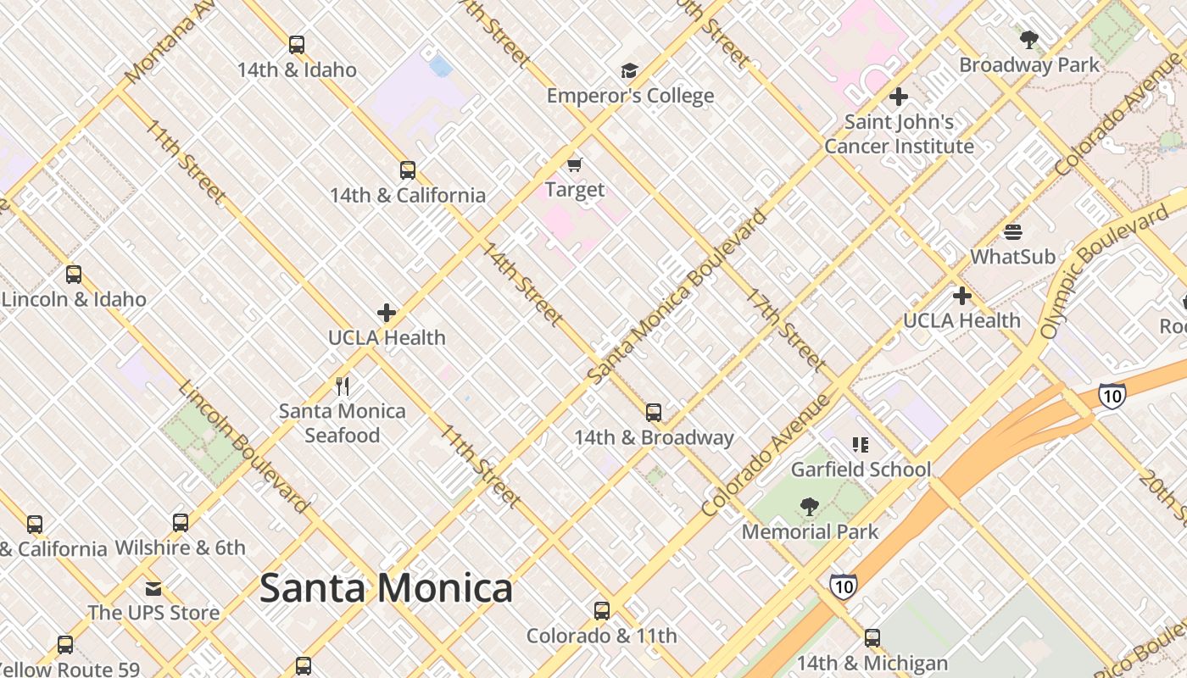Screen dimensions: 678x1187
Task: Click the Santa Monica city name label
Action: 386,588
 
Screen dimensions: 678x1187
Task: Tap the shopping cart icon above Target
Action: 575,164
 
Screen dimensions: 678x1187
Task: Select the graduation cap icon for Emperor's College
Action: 629,70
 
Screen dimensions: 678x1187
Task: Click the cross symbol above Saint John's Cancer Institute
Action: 899,97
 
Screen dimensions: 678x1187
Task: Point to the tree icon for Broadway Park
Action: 1029,39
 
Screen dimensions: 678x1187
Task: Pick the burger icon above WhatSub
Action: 1012,231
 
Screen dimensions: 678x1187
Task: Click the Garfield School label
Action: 861,470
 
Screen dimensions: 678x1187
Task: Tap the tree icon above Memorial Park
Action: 810,507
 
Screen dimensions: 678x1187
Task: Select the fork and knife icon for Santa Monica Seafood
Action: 343,386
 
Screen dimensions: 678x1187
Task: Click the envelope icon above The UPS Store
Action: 153,588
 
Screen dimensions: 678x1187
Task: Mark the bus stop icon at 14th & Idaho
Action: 296,45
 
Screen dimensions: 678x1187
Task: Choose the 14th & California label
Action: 408,195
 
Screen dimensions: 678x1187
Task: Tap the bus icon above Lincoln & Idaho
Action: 74,275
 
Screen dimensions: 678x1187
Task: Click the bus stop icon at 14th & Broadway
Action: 654,413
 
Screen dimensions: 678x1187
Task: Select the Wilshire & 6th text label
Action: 180,547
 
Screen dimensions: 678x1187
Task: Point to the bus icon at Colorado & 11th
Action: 602,611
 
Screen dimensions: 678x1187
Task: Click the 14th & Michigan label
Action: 872,663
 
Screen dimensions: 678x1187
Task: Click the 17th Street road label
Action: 786,331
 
